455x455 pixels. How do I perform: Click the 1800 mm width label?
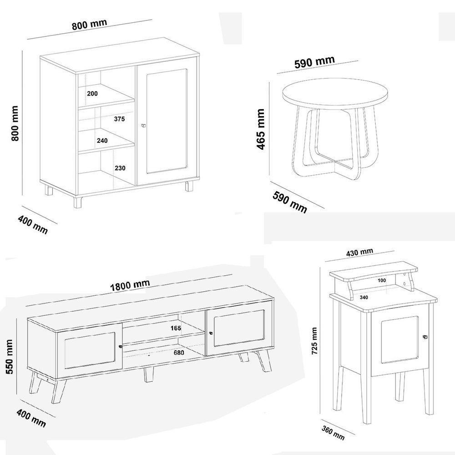[130, 285]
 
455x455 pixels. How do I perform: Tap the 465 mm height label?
[261, 129]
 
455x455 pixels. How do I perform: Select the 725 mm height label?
[314, 341]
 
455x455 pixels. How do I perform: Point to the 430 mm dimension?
[359, 252]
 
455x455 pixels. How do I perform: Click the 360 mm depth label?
[333, 433]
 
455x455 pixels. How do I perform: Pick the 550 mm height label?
[9, 357]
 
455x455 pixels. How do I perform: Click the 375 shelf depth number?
[119, 119]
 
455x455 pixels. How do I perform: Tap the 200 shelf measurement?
[92, 93]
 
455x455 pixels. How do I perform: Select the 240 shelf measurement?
[102, 141]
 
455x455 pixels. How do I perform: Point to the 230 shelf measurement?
[120, 168]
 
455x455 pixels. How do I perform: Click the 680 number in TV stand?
[179, 353]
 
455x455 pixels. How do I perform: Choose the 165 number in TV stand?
[176, 328]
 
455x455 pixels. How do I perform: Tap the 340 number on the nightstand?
[364, 297]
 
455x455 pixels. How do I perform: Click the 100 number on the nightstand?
[382, 280]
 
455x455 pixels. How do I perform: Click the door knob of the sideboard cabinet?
[143, 126]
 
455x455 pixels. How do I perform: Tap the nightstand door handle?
[425, 337]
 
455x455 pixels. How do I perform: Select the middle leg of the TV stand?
[149, 374]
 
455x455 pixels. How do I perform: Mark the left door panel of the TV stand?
[90, 350]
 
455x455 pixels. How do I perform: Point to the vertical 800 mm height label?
[15, 123]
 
